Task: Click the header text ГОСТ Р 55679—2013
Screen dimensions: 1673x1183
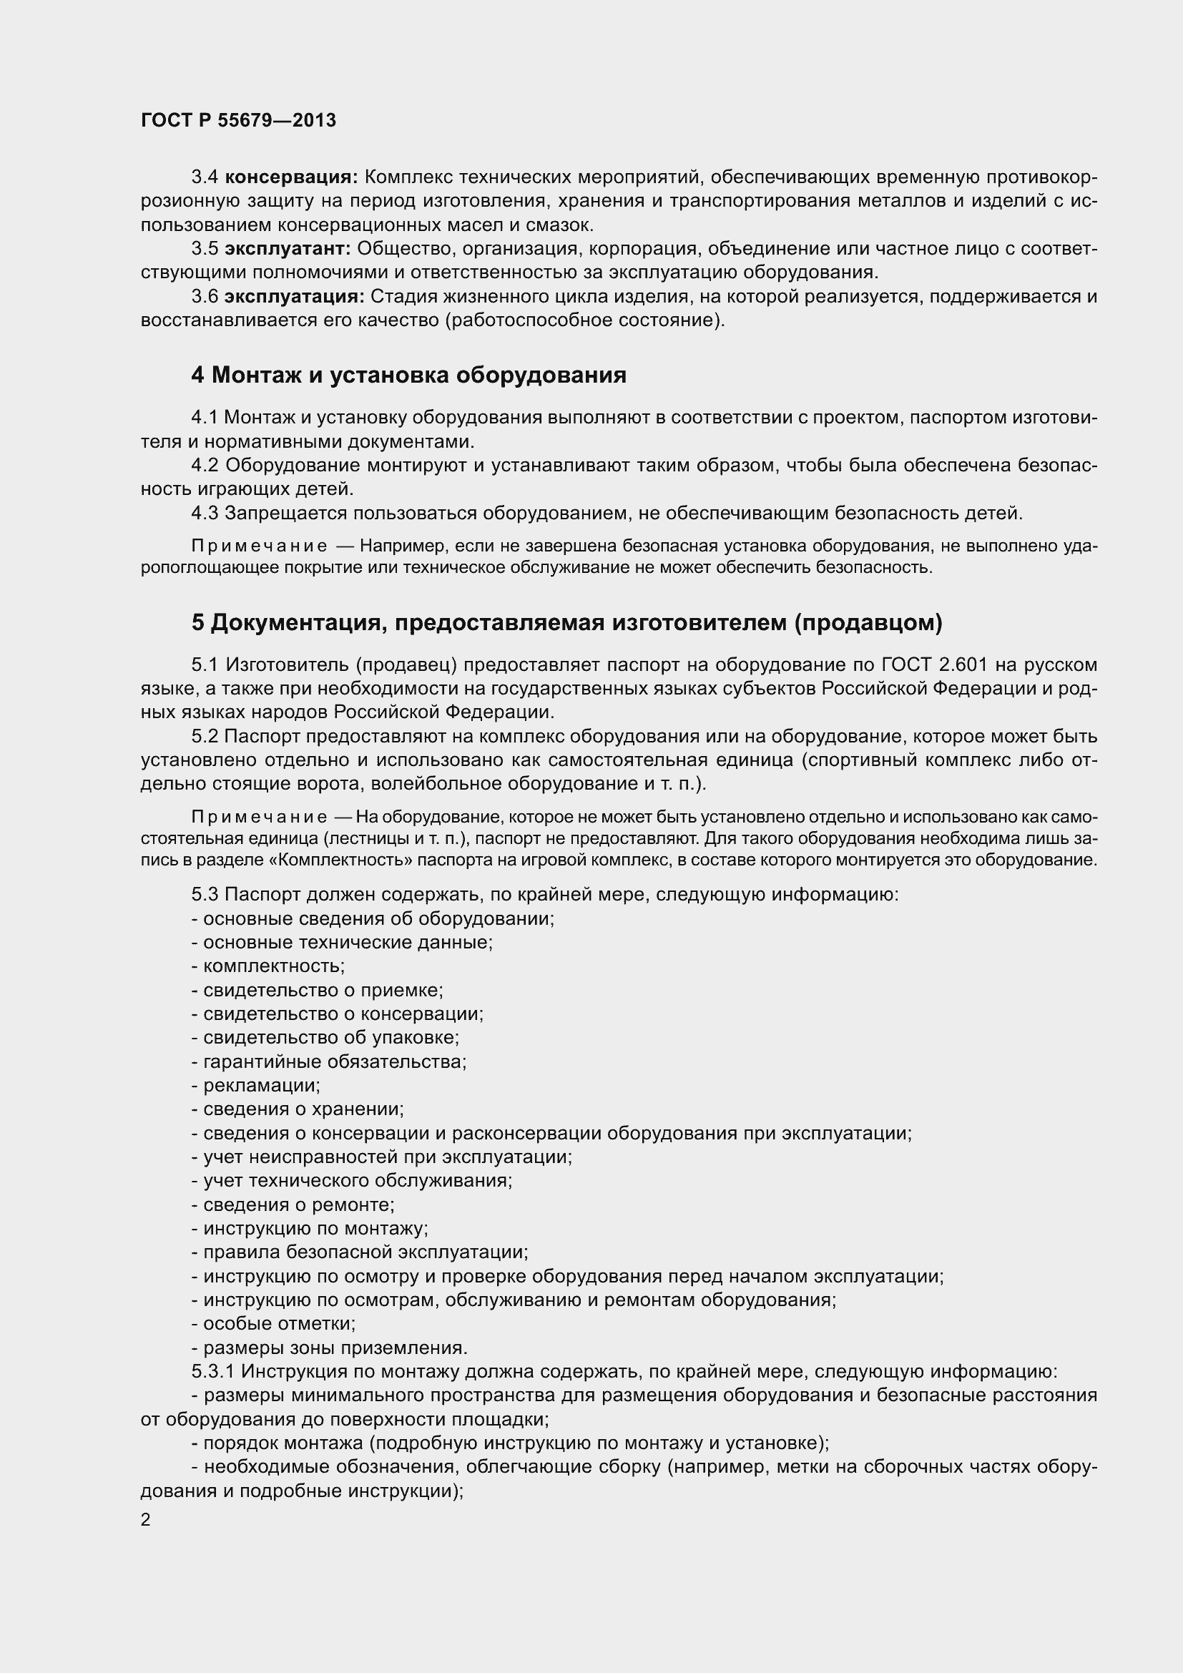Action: [238, 120]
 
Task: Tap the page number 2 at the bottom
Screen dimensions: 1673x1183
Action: [146, 1520]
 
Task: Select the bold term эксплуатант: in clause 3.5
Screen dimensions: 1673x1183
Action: [288, 249]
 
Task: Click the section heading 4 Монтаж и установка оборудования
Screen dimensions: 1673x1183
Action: [408, 376]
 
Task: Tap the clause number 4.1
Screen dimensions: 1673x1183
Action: [205, 418]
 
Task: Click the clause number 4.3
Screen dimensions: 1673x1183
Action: [205, 513]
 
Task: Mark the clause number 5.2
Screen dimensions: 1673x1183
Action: [205, 736]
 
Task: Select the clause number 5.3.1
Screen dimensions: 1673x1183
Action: [212, 1371]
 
